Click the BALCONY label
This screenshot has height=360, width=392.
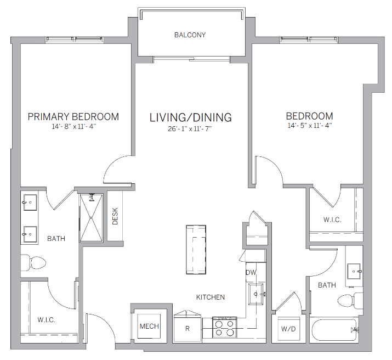point(190,35)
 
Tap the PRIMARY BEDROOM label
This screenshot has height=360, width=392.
point(73,116)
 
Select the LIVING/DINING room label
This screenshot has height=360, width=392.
point(191,117)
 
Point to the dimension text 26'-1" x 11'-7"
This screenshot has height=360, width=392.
point(190,130)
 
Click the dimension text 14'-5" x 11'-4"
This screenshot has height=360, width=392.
point(309,125)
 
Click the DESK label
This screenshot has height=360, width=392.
point(115,216)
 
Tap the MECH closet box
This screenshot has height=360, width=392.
point(149,326)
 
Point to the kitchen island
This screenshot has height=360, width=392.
point(197,250)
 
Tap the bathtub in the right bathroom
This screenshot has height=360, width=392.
point(335,330)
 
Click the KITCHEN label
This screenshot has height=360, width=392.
point(211,297)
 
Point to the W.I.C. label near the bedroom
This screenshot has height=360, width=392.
point(332,220)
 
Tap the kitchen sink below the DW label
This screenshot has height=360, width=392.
point(256,294)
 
